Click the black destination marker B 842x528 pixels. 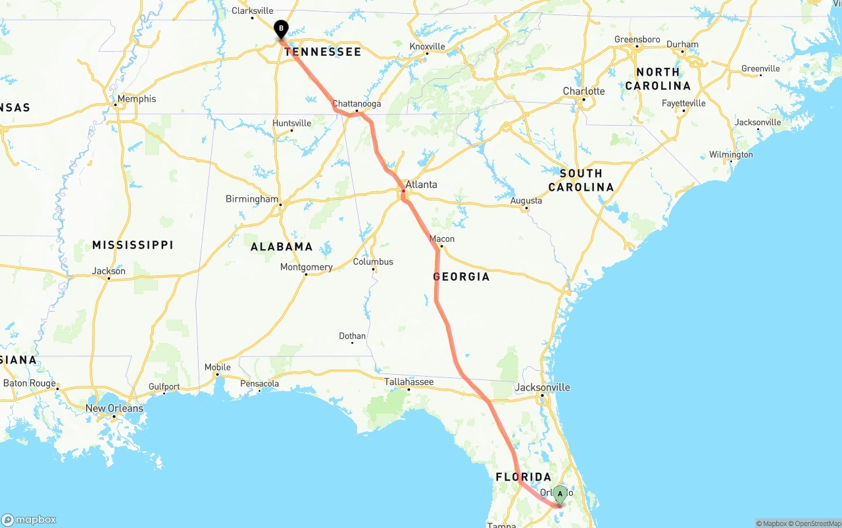click(x=281, y=29)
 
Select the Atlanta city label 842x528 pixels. click(x=421, y=185)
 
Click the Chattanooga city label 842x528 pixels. click(x=357, y=104)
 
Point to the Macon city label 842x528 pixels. click(x=441, y=239)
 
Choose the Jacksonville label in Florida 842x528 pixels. click(x=542, y=387)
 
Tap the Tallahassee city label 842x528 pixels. click(x=409, y=381)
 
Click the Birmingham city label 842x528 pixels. click(x=252, y=199)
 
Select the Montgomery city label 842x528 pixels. click(x=306, y=267)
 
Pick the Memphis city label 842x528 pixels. click(x=137, y=99)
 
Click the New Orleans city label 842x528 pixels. click(x=114, y=408)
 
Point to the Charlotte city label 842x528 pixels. click(x=583, y=91)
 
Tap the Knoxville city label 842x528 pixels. click(x=427, y=47)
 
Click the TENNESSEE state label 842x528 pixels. click(x=323, y=52)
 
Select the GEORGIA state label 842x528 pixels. click(x=461, y=277)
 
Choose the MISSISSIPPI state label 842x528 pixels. click(x=132, y=245)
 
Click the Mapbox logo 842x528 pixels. click(x=29, y=519)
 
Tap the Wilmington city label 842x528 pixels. click(x=731, y=155)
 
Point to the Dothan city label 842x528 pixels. click(x=352, y=336)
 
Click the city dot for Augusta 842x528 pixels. click(x=526, y=208)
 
